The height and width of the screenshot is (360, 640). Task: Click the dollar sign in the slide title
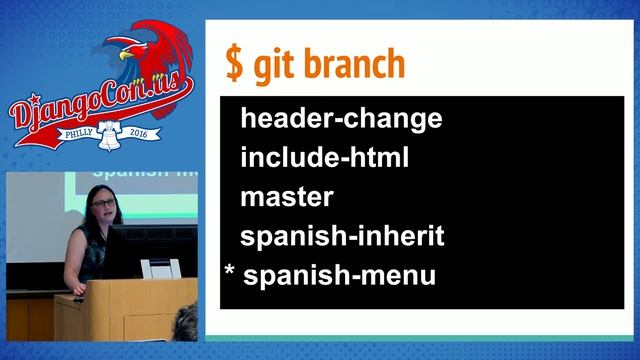pyautogui.click(x=233, y=64)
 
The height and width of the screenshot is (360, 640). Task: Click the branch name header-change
pyautogui.click(x=341, y=119)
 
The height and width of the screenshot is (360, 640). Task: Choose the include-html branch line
pyautogui.click(x=325, y=157)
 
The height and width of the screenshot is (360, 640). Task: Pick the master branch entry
pyautogui.click(x=287, y=197)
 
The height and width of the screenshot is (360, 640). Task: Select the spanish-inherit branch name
pyautogui.click(x=342, y=237)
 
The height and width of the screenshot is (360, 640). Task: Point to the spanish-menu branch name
pyautogui.click(x=340, y=275)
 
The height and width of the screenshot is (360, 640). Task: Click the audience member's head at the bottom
pyautogui.click(x=187, y=326)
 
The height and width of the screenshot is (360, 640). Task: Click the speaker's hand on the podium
pyautogui.click(x=80, y=297)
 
